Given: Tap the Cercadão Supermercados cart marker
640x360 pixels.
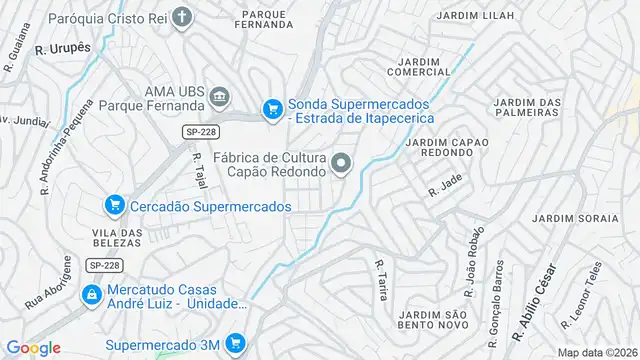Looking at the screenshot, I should tap(114, 206).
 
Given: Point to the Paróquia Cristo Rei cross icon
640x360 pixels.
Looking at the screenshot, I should tap(181, 17).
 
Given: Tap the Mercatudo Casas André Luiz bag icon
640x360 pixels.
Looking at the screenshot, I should tap(91, 295).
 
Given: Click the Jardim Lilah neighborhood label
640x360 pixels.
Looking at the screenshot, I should tap(476, 16).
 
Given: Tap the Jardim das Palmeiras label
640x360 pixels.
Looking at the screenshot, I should tap(527, 107).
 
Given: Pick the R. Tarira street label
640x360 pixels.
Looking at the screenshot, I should tap(381, 280).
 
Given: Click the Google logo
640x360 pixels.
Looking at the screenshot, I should tap(33, 347).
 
